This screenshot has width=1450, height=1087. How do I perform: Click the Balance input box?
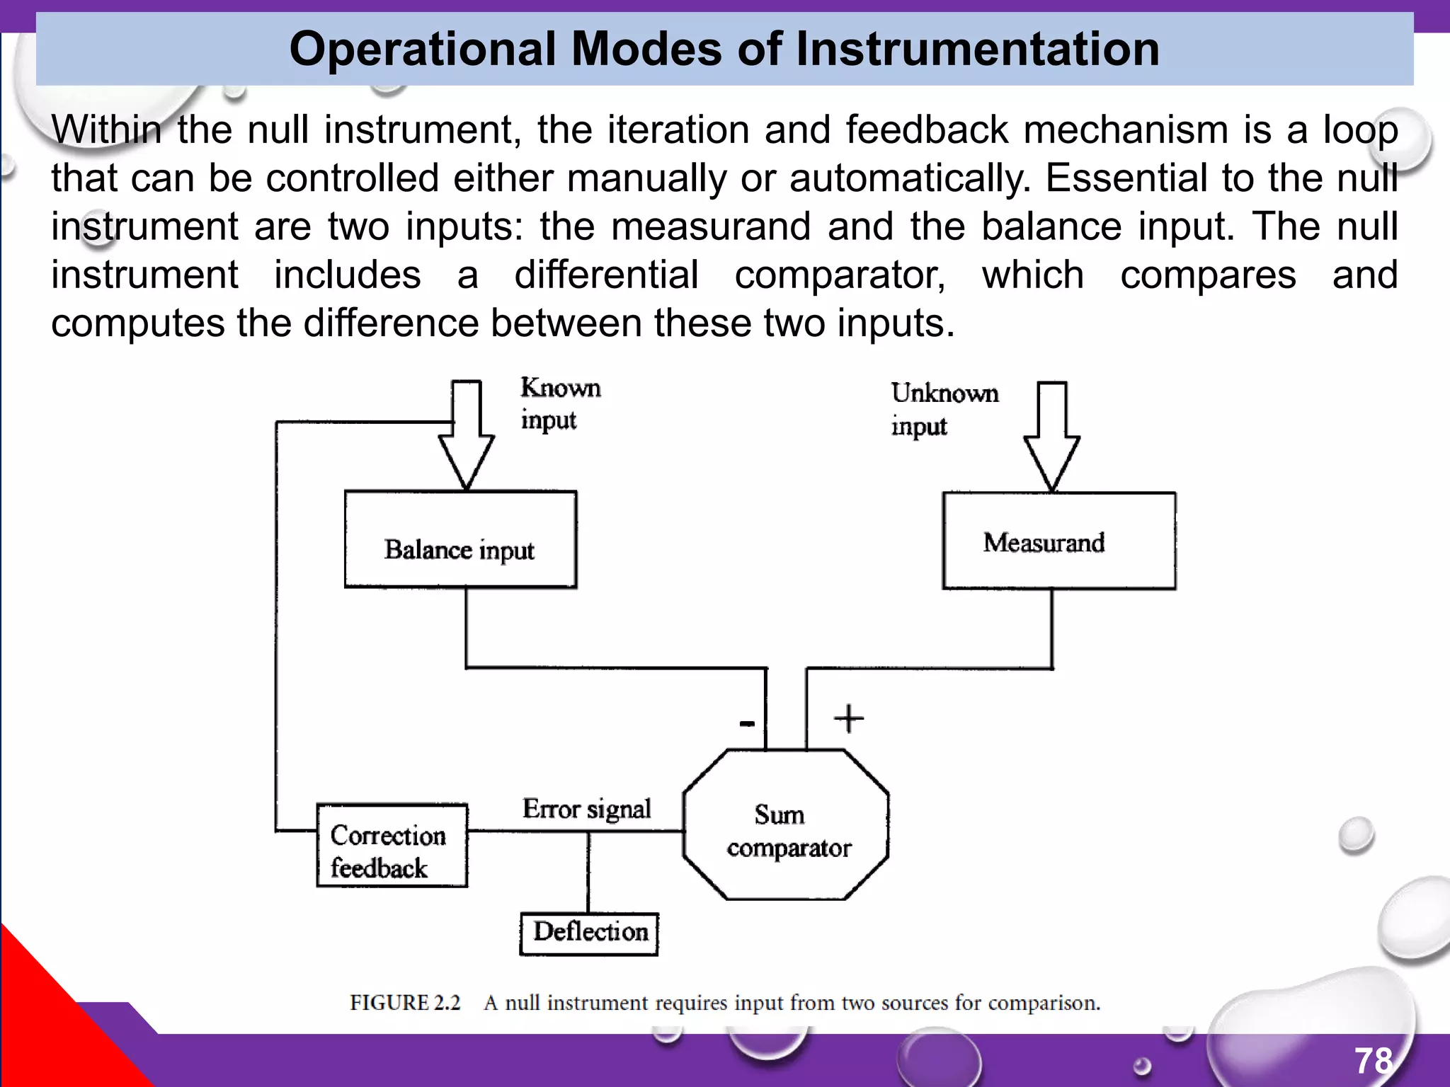coord(460,540)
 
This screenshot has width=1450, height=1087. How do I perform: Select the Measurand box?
coord(1058,541)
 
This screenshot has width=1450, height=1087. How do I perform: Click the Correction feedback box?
coord(392,846)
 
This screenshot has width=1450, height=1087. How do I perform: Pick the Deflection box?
coord(589,933)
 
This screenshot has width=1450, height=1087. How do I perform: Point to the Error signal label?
coord(586,809)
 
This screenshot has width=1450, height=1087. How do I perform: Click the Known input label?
coord(560,403)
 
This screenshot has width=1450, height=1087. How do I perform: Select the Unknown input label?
coord(944,409)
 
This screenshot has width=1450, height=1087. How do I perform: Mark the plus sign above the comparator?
coord(848,719)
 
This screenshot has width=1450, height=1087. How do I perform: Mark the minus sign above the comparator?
coord(747,723)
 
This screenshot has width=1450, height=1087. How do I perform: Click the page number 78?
coord(1374,1061)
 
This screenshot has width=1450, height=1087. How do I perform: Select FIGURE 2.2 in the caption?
coord(405,1003)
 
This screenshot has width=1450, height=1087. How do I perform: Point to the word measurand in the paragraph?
coord(710,226)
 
